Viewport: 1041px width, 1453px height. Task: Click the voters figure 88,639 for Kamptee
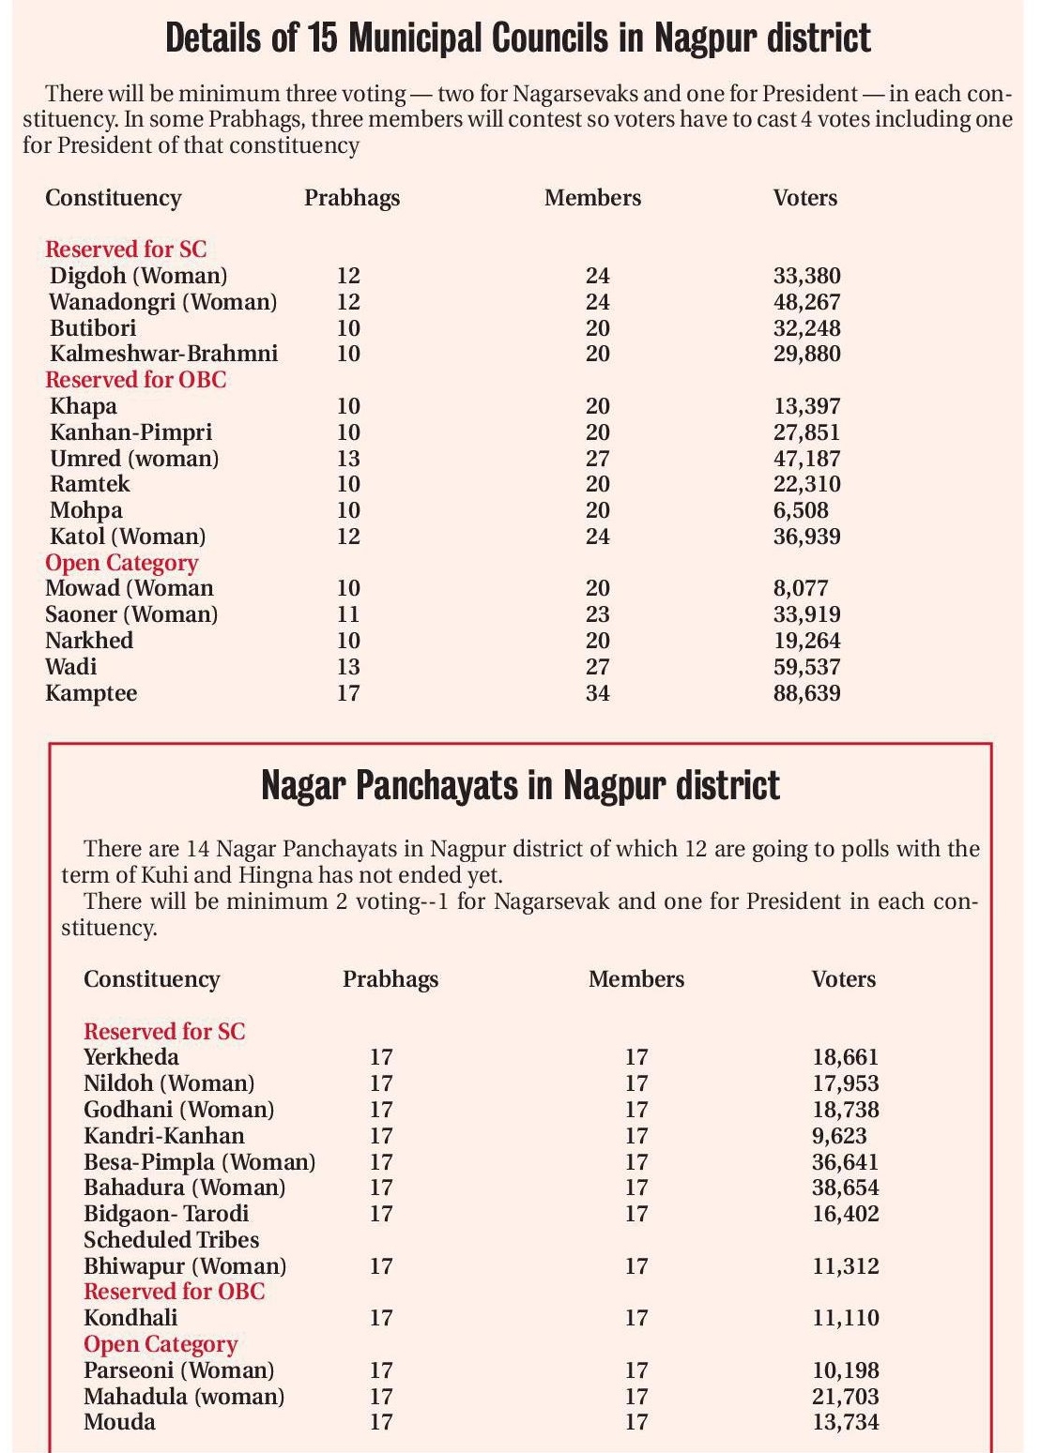(806, 693)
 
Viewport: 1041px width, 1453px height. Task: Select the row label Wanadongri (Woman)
(162, 302)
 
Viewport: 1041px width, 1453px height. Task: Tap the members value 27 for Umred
(597, 459)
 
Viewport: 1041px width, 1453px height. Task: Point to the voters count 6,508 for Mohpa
(801, 510)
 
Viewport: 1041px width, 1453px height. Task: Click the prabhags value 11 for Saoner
(347, 614)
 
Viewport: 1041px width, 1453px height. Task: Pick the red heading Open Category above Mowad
(121, 563)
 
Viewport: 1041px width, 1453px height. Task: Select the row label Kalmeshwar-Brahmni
(163, 354)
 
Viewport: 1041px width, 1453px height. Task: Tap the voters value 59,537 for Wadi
(806, 667)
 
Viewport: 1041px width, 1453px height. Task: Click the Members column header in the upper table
(592, 198)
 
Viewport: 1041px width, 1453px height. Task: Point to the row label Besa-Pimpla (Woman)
(199, 1162)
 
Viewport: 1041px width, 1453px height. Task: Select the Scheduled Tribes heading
(171, 1240)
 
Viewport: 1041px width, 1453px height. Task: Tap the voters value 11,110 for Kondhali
(846, 1318)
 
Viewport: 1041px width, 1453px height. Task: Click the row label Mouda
(119, 1422)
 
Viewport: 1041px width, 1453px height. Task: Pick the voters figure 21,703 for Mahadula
(846, 1397)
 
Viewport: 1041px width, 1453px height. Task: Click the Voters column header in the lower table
(843, 979)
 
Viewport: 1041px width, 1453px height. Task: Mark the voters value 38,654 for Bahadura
(846, 1188)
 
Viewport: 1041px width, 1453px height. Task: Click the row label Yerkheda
(130, 1057)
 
